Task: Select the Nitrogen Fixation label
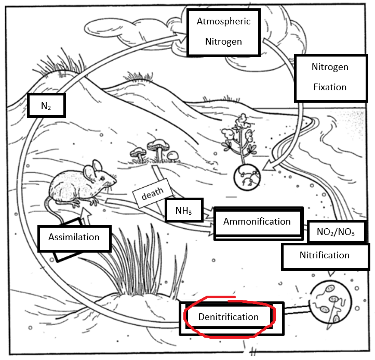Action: tap(329, 77)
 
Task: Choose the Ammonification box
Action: tap(257, 222)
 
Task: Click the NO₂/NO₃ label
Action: tap(336, 232)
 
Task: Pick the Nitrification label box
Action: tap(324, 255)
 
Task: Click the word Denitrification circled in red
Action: tap(229, 316)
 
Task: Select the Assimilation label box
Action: tap(74, 238)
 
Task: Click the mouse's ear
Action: tap(97, 168)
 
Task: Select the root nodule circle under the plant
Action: tap(245, 177)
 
